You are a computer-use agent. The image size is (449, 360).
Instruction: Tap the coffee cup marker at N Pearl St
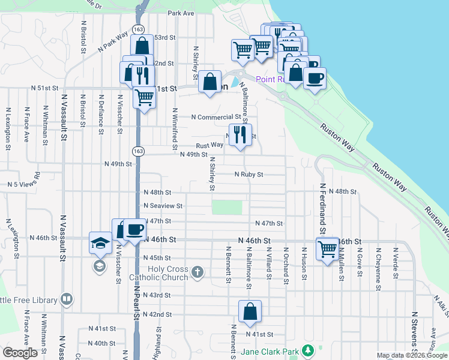click(135, 229)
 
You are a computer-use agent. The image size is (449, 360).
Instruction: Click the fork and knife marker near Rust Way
click(241, 135)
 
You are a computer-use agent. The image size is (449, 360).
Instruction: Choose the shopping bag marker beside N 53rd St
click(142, 46)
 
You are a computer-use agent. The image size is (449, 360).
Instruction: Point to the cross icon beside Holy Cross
click(197, 274)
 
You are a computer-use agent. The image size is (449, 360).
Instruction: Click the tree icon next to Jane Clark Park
click(307, 350)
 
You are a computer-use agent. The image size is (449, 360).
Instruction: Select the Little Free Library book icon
click(67, 299)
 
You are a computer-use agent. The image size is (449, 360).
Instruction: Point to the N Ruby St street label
click(249, 175)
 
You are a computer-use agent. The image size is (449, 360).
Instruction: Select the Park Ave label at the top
click(182, 13)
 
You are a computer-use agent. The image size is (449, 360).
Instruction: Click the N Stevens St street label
click(414, 330)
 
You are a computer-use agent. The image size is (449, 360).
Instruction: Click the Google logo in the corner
click(20, 353)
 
